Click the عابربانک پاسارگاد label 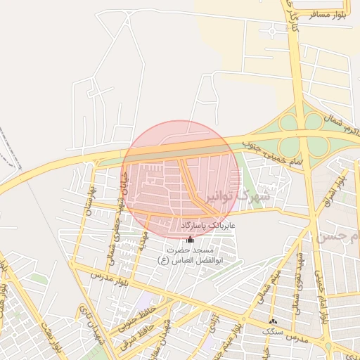pyautogui.click(x=207, y=224)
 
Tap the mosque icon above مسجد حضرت pyautogui.click(x=190, y=240)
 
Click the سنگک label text pyautogui.click(x=271, y=330)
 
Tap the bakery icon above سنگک pyautogui.click(x=273, y=321)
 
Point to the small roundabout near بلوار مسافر pyautogui.click(x=272, y=31)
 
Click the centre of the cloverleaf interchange pyautogui.click(x=304, y=134)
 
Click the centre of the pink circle pyautogui.click(x=179, y=179)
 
